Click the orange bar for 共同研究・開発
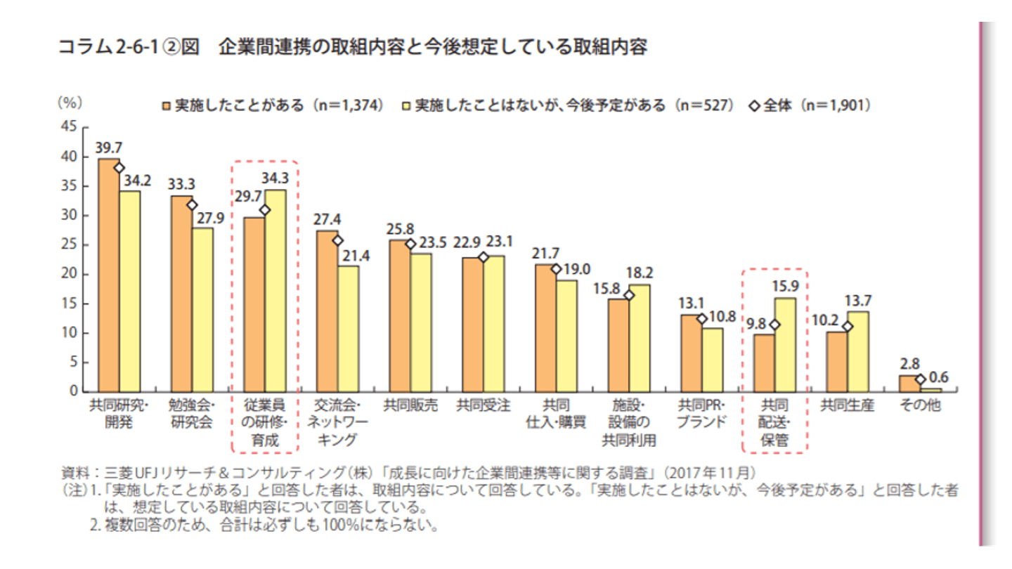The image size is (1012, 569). point(108,275)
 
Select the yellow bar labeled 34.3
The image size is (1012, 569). point(275,291)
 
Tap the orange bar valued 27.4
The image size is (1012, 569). point(327,311)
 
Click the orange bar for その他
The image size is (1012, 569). point(909,384)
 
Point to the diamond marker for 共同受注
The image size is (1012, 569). point(483,257)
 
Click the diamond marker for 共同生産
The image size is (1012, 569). point(848,327)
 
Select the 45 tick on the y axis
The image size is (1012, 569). point(69,128)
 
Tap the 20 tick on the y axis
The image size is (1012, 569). point(69,274)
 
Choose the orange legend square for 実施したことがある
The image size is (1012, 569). point(166,106)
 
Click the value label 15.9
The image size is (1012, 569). point(786,286)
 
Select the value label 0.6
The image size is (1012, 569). point(938,377)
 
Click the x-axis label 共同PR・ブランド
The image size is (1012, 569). point(700,414)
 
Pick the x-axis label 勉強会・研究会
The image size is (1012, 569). point(192,414)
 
